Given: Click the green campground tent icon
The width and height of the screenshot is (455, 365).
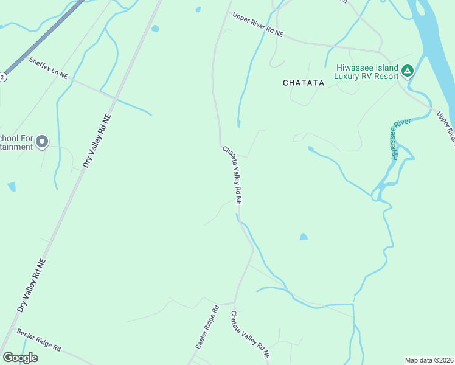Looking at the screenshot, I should (408, 71).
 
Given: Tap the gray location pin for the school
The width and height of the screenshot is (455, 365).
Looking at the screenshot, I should (42, 142).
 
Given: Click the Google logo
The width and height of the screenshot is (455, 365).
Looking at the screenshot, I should (20, 357).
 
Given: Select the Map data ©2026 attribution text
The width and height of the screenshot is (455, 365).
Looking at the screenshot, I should (429, 360).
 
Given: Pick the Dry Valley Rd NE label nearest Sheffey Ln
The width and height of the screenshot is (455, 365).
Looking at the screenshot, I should (97, 141).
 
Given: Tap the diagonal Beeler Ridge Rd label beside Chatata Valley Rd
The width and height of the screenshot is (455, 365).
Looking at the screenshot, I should (207, 327).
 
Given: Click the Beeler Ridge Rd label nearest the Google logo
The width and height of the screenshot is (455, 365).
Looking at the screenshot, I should (39, 340).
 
